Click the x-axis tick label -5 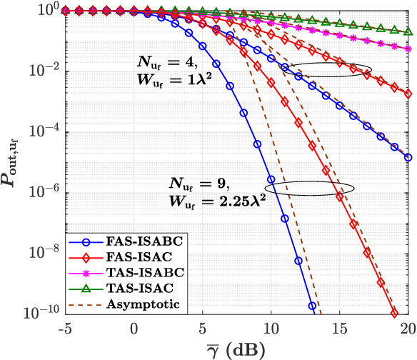[66, 329]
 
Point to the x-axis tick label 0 [134, 329]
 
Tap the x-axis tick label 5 [203, 329]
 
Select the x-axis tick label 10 [271, 329]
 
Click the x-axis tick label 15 [340, 329]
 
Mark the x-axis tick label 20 [407, 329]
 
